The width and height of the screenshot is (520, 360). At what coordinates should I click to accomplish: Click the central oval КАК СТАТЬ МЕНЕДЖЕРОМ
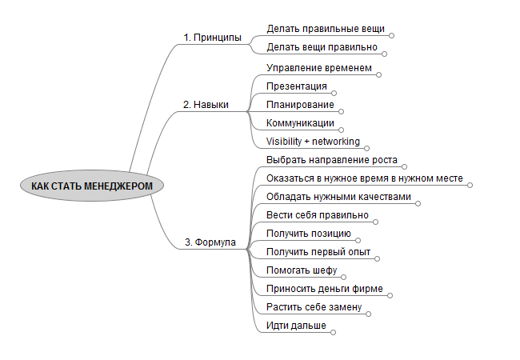coord(91,186)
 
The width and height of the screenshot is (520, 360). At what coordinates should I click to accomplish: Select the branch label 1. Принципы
coord(212,38)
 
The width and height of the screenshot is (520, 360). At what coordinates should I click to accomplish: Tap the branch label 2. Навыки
coord(206,105)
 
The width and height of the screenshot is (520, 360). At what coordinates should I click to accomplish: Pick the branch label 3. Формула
coord(210,242)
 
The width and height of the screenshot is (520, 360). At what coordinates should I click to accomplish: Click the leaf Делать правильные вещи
coord(326,29)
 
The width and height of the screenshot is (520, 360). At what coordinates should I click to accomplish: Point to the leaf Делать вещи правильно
coord(322,47)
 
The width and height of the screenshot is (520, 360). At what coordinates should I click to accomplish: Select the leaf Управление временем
coord(319,68)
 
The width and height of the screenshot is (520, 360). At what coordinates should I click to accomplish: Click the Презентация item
coord(297,86)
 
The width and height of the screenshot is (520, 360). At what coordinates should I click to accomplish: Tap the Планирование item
coord(299,105)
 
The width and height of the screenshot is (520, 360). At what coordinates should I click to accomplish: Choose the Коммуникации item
coord(300,123)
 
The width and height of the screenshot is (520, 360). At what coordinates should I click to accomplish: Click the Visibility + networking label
coord(313,142)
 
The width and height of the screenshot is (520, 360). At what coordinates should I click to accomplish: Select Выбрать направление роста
coord(331,160)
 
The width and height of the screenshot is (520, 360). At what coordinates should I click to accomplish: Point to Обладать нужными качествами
coord(338,197)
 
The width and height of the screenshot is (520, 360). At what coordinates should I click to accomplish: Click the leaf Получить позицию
coord(308,234)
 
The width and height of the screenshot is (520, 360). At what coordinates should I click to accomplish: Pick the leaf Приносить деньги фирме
coord(323,289)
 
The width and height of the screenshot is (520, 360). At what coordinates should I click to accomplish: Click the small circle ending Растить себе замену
coord(369,314)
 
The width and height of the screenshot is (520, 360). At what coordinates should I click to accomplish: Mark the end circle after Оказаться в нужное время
coord(470,185)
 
